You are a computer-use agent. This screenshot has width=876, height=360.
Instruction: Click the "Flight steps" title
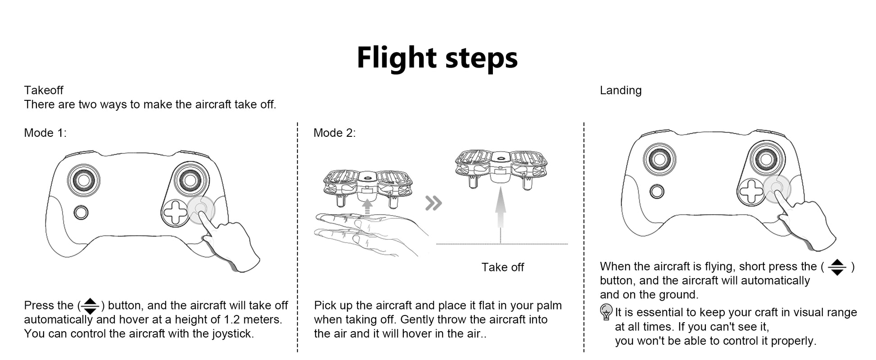click(437, 58)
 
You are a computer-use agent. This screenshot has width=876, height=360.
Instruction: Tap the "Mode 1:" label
click(45, 133)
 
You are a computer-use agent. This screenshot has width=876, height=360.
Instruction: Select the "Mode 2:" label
click(334, 133)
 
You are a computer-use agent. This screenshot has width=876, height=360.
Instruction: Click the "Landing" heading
click(620, 90)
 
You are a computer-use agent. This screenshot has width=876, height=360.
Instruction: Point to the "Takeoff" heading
click(44, 90)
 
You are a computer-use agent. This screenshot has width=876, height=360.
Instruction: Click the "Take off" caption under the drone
click(502, 267)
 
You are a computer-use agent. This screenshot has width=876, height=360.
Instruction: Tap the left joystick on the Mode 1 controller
click(84, 180)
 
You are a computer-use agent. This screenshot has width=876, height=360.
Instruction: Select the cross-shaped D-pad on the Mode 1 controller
click(176, 212)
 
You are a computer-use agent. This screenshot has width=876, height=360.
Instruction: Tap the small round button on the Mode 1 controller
click(81, 212)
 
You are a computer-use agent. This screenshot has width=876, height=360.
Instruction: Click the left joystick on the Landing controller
click(659, 159)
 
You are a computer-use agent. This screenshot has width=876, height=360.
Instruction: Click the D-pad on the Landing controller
click(751, 191)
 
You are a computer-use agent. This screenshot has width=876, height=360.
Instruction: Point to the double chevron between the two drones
click(433, 203)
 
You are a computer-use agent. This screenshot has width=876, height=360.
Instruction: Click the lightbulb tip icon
click(606, 312)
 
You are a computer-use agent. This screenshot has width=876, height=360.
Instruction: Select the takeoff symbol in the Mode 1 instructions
click(90, 306)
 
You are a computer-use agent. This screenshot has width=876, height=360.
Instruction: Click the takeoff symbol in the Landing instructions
click(837, 267)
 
